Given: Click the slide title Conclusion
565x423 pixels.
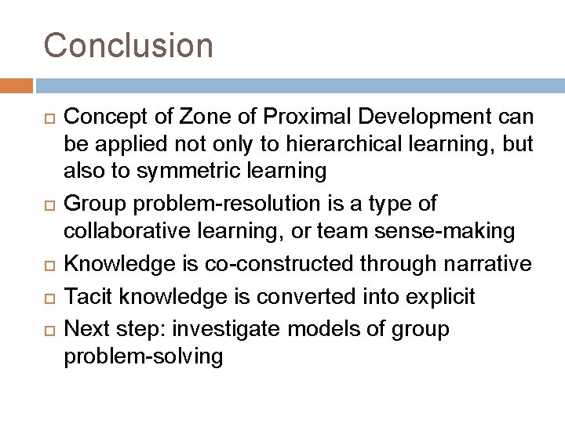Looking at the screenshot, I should click(128, 45).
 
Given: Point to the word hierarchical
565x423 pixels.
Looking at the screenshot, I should click(308, 145).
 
